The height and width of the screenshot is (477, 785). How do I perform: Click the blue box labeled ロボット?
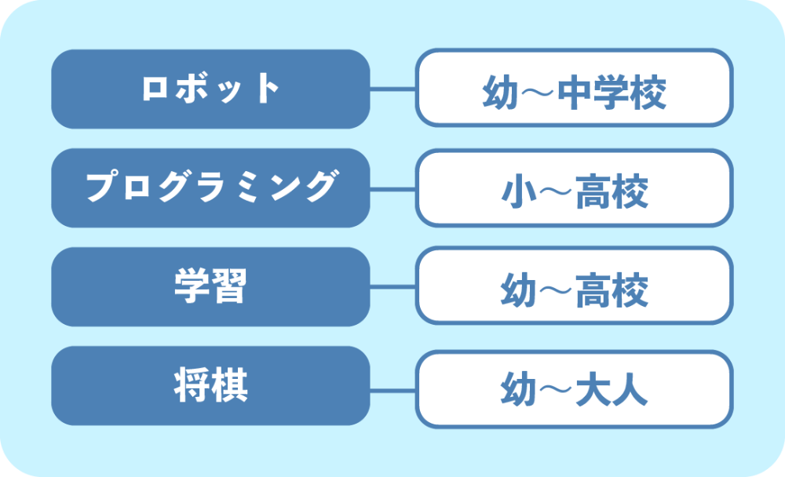point(210,89)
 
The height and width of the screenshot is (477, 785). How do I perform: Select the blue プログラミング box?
point(210,188)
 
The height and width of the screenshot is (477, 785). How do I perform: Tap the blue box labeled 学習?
point(210,287)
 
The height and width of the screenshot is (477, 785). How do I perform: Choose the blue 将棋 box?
point(210,386)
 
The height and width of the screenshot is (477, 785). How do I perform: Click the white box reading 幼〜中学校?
point(575,88)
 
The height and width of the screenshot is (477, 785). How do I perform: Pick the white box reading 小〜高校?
point(575,188)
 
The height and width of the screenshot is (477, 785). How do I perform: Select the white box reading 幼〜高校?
point(575,286)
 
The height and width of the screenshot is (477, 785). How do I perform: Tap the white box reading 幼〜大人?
point(575,389)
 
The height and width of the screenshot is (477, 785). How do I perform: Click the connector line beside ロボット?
point(393,89)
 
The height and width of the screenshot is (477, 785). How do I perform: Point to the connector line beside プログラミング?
point(393,189)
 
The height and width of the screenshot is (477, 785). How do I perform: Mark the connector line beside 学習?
point(393,287)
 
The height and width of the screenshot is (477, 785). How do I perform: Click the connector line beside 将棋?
point(393,390)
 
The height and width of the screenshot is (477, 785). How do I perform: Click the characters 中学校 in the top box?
point(612,93)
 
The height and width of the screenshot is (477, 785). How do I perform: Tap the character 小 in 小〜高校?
point(519,192)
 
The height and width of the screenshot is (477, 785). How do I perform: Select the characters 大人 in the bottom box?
point(612,389)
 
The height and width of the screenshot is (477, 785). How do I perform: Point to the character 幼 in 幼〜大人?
point(519,389)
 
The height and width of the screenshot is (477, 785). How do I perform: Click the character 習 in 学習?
point(229,286)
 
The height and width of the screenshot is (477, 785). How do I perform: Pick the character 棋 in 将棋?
point(229,384)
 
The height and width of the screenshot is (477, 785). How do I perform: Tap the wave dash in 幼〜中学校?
point(538,93)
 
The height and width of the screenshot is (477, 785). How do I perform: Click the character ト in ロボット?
point(268,88)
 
